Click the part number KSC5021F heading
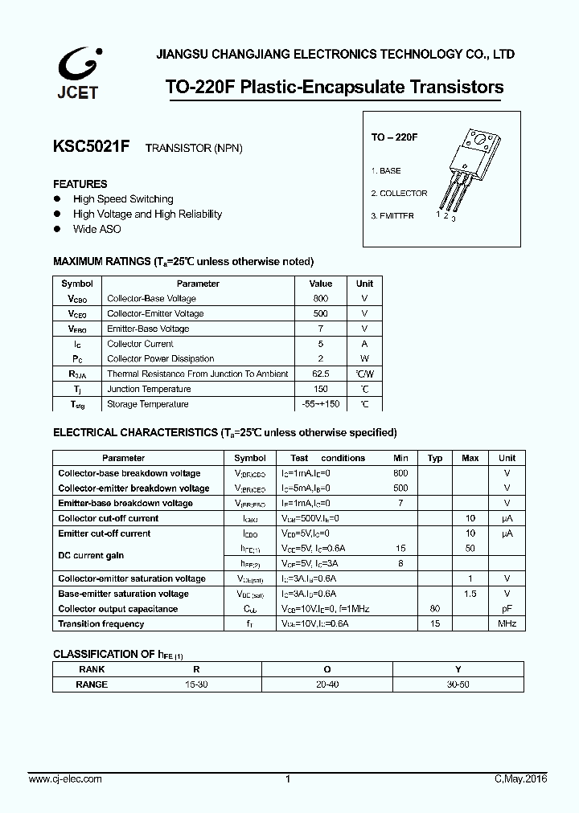click(91, 147)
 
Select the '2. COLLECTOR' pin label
click(399, 194)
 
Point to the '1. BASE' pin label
click(386, 171)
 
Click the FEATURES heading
click(80, 184)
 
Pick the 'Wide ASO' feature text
click(97, 229)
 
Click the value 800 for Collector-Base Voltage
click(320, 299)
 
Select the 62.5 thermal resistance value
click(320, 374)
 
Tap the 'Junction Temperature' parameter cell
click(148, 389)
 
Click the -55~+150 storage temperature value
click(320, 404)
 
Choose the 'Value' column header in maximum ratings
click(320, 284)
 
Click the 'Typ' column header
click(435, 458)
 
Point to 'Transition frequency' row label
click(101, 624)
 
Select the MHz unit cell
click(507, 624)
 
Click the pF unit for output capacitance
click(507, 609)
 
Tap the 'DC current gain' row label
click(91, 556)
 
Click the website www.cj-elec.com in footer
click(65, 779)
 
